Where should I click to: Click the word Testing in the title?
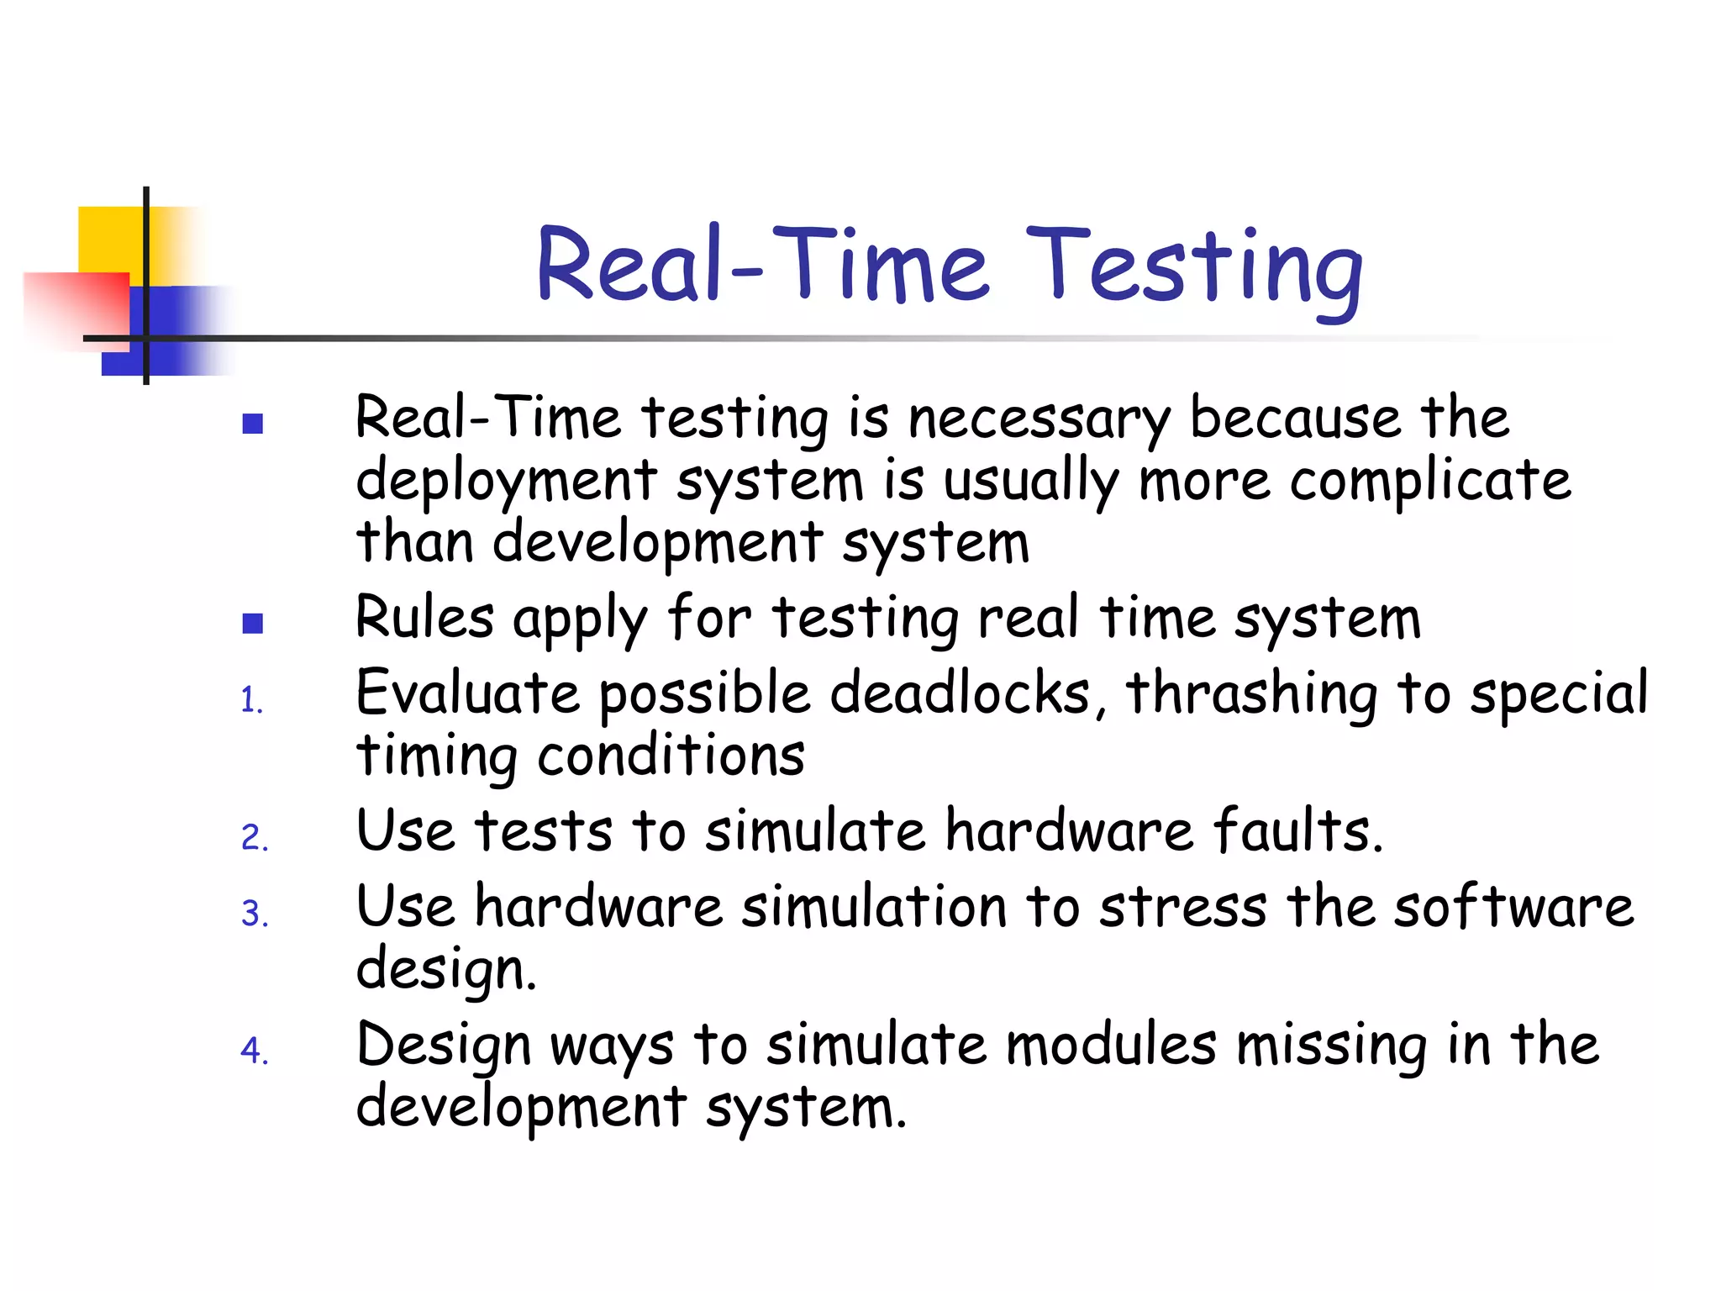coord(1193,267)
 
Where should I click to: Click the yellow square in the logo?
coord(109,239)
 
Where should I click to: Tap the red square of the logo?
coord(76,307)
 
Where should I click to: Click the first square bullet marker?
coord(252,424)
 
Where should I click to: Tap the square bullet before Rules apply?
coord(252,623)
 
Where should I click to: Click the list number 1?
coord(251,700)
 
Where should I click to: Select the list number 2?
coord(254,838)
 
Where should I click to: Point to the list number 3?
coord(254,914)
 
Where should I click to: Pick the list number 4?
coord(254,1051)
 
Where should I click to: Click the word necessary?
coord(1039,419)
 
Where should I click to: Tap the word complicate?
coord(1429,482)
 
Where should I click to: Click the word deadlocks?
coord(966,693)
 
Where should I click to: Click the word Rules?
coord(424,618)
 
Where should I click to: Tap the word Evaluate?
coord(467,693)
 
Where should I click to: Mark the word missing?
coord(1331,1047)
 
